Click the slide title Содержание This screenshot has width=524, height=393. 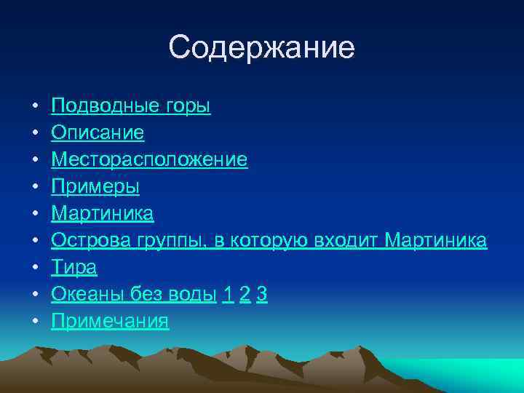click(261, 48)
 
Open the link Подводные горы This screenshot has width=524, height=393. click(130, 106)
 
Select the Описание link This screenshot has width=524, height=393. click(98, 133)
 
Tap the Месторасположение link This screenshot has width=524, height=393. click(149, 160)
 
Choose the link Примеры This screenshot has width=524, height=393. click(95, 187)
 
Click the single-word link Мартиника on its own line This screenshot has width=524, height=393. click(102, 214)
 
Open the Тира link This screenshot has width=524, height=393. click(74, 268)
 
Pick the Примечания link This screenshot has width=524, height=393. click(110, 321)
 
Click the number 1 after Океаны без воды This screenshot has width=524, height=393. click(228, 295)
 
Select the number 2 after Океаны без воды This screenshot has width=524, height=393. click(245, 295)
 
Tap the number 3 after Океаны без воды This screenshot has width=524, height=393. click(262, 295)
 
